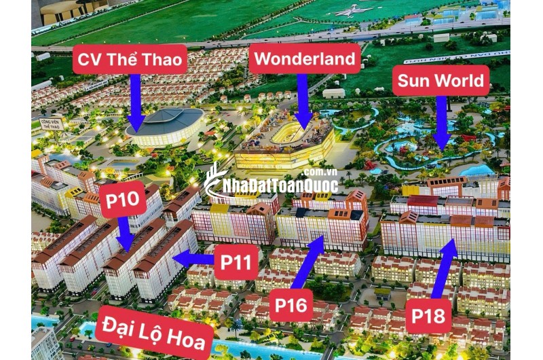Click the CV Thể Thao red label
(130, 59)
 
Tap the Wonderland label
(305, 58)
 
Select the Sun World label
(441, 82)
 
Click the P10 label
(122, 198)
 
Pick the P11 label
(236, 263)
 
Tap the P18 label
(428, 317)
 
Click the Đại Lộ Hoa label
(154, 332)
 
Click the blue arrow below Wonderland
(303, 101)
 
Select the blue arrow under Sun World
(442, 122)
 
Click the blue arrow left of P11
(193, 258)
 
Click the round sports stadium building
(165, 125)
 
